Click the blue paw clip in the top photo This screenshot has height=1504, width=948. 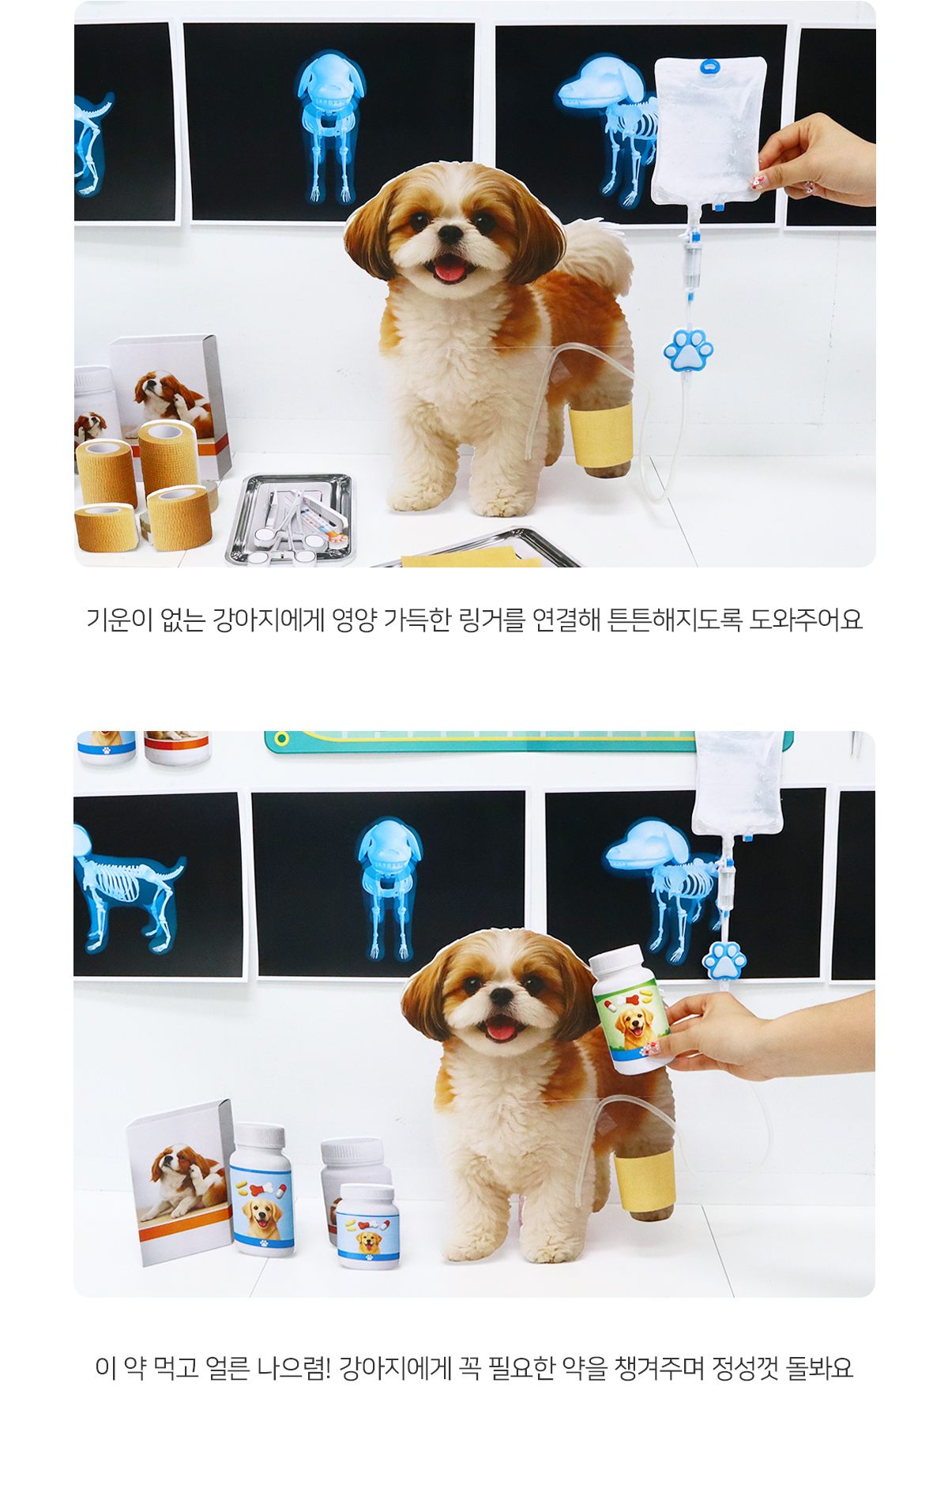pos(688,350)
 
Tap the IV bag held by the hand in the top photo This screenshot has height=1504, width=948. pos(709,133)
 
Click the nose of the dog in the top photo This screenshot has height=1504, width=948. pos(450,234)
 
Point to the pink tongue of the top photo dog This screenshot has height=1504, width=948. pos(450,270)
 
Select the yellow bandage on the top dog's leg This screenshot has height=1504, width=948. pos(601,434)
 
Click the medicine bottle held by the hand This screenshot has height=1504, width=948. pos(630,1009)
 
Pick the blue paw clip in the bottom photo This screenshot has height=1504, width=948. pos(724,960)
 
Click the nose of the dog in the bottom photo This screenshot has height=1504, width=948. pos(501,997)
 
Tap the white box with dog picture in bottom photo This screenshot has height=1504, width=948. pos(181,1181)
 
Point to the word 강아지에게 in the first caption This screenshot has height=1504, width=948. pos(269,620)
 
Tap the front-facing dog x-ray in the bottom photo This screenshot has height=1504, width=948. pos(389,885)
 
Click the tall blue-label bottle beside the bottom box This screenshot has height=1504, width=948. pos(261,1189)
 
